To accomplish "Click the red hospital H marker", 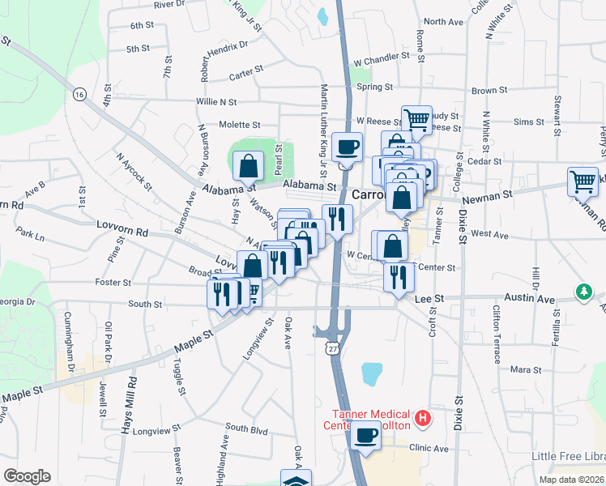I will [x=421, y=419].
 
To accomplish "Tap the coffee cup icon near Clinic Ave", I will [x=367, y=435].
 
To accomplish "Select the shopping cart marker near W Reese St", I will [x=416, y=120].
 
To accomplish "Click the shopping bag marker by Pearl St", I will [x=248, y=166].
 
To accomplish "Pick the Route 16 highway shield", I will [x=79, y=94].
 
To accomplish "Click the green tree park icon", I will [x=583, y=291].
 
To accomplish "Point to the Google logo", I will [x=27, y=476].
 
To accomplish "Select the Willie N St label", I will [x=216, y=102].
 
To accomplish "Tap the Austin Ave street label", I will [x=531, y=299].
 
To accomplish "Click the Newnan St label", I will [x=488, y=195].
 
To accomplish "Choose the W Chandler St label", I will [x=381, y=58].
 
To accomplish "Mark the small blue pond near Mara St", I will [x=372, y=373].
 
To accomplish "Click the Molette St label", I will [x=239, y=126].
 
